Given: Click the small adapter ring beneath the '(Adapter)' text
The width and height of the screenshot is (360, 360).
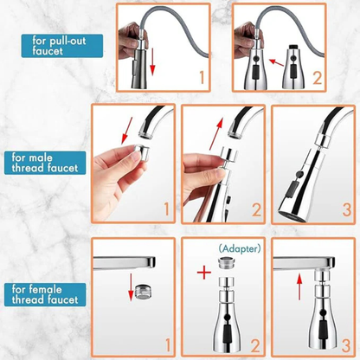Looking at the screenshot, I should [x=221, y=263].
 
